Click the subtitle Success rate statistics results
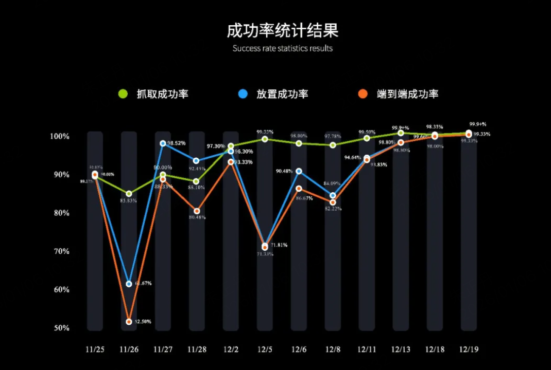(283, 49)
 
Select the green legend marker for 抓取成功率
(123, 94)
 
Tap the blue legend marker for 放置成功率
(243, 94)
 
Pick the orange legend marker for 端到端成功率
(363, 94)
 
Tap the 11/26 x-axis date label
(129, 349)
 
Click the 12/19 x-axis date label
(469, 349)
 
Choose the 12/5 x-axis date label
(265, 349)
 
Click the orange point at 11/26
(129, 322)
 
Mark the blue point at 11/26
(129, 284)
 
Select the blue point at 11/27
(163, 143)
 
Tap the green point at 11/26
(129, 194)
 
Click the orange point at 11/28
(197, 211)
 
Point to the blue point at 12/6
(299, 171)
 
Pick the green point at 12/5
(265, 139)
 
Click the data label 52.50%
(143, 322)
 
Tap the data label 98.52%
(176, 143)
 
